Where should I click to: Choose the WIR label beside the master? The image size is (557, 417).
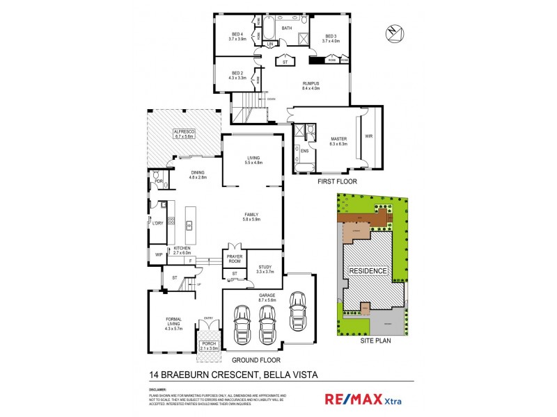pos(369,137)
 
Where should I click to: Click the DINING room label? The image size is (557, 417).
pos(198,174)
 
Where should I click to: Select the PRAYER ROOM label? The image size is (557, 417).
pos(234,259)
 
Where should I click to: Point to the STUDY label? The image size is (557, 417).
pos(265,268)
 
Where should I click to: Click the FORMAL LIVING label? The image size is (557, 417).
pos(174,325)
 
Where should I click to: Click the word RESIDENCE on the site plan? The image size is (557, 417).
pos(368,271)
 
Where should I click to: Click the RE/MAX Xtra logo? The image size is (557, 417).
pos(363,399)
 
